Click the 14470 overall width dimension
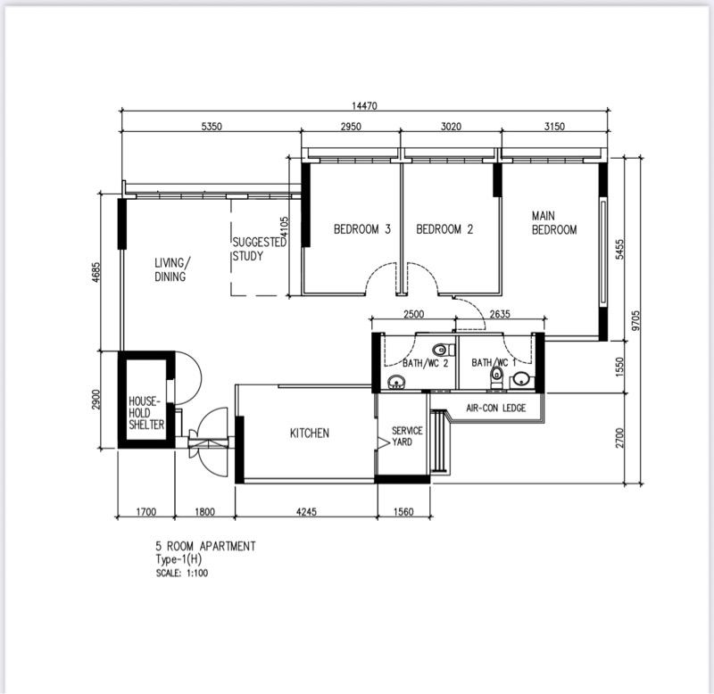[364, 105]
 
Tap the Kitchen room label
[309, 433]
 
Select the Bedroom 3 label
[362, 229]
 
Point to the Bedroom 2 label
[444, 229]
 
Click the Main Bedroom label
[554, 222]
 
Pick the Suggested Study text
[259, 249]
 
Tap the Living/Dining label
[172, 269]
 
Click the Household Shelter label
[146, 413]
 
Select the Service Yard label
[407, 436]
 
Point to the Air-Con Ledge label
[496, 408]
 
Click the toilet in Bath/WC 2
[444, 350]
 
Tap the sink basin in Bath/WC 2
[396, 383]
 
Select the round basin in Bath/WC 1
[519, 379]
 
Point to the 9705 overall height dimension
[635, 320]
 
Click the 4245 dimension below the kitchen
[306, 512]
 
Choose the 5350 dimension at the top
[212, 126]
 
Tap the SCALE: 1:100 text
[182, 573]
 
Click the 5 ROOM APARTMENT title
[205, 546]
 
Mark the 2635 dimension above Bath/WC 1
[500, 314]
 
